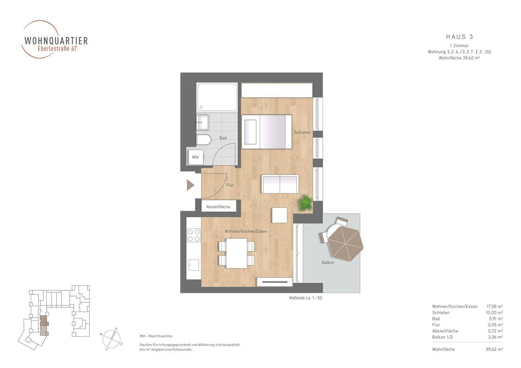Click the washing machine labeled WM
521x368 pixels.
196,157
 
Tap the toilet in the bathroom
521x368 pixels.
203,140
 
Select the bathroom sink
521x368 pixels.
202,123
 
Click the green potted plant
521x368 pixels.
305,203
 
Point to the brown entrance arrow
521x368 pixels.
190,185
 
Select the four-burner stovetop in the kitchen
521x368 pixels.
194,235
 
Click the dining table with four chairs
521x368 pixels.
236,253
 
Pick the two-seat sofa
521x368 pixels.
280,184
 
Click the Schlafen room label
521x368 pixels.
302,132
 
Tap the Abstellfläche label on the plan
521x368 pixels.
218,207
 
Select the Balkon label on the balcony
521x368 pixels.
328,262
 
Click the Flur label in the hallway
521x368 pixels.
230,185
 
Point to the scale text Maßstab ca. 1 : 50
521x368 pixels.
305,298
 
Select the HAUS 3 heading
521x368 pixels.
459,37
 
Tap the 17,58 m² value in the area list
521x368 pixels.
495,307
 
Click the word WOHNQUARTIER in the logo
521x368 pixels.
56,40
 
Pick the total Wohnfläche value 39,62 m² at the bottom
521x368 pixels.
494,349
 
